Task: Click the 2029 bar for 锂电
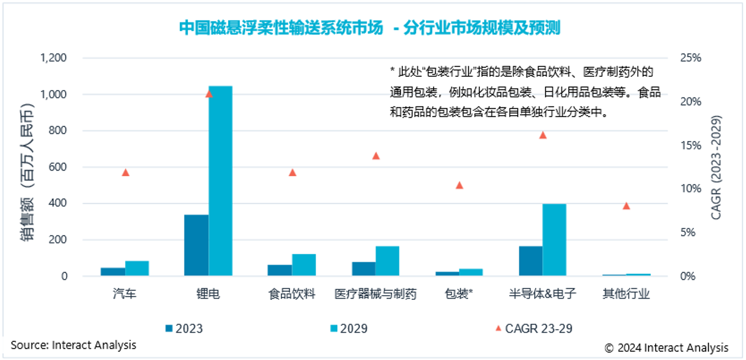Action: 220,181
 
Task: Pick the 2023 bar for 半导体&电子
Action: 530,261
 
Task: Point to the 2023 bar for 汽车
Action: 113,272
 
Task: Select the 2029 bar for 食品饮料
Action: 304,265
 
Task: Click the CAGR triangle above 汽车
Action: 125,172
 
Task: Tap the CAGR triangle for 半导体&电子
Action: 542,135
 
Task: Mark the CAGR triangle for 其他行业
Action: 626,206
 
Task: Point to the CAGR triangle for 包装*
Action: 459,185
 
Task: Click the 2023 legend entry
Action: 184,329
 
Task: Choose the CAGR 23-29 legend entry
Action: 533,329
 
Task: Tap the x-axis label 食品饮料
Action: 292,294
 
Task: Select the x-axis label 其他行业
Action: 626,294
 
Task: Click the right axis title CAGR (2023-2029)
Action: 716,167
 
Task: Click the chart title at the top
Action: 369,28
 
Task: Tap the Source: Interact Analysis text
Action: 73,345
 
